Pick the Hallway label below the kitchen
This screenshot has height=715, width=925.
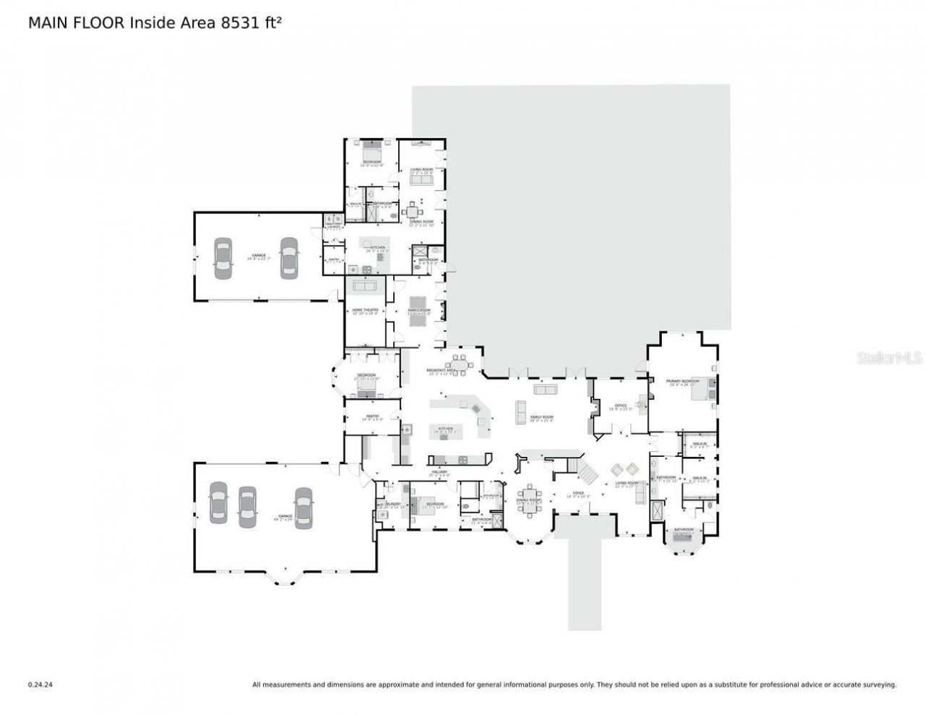[x=440, y=471]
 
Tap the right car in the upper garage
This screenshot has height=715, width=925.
[x=289, y=258]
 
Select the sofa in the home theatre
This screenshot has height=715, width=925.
[x=365, y=286]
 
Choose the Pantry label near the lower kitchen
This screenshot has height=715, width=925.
[x=373, y=416]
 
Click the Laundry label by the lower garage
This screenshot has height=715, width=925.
[x=392, y=504]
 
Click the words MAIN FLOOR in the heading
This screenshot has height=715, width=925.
[x=77, y=22]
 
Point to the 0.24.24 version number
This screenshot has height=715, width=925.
[x=40, y=684]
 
